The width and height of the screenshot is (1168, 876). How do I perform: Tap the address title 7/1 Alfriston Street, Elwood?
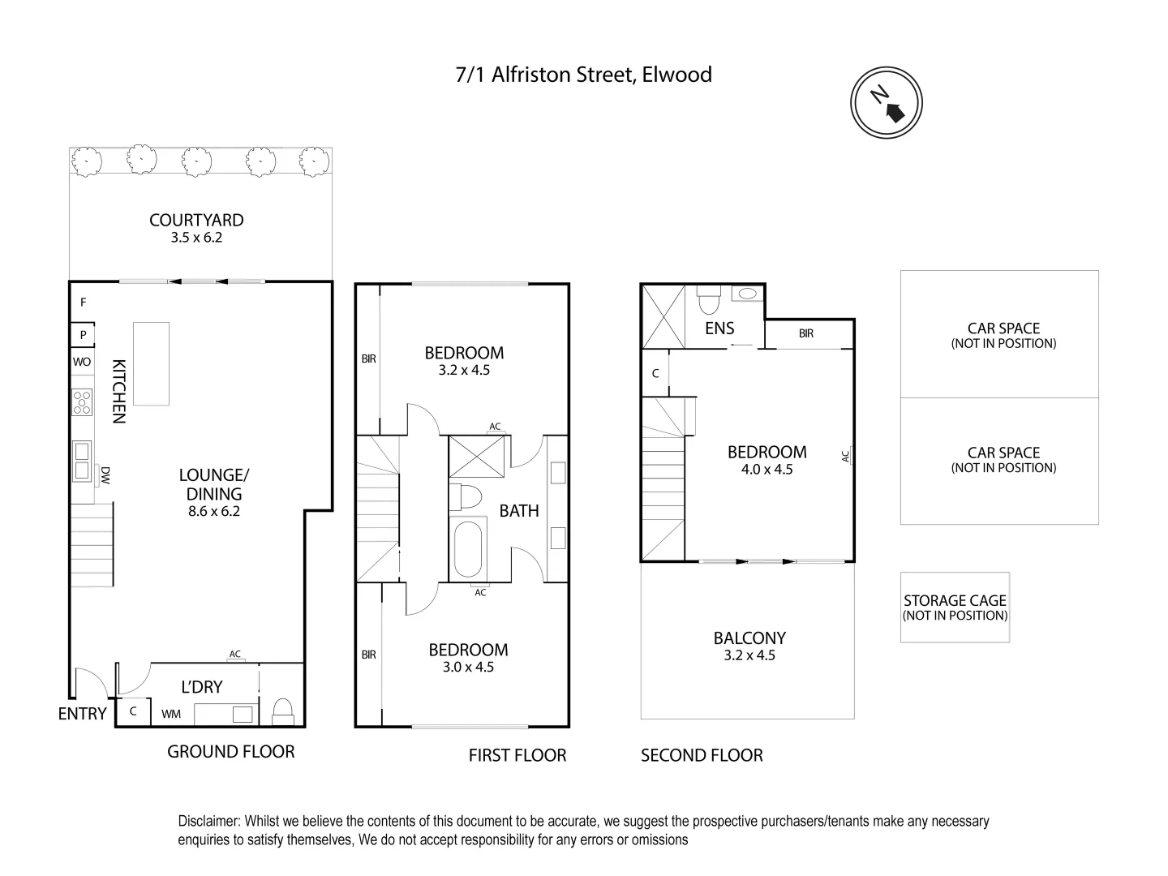[x=583, y=75]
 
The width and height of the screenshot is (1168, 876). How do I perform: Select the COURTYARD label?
[x=196, y=220]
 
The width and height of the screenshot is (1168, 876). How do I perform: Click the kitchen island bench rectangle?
[x=151, y=363]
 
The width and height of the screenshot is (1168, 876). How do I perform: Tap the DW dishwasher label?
[x=105, y=474]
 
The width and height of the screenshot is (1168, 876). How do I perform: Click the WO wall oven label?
[x=82, y=362]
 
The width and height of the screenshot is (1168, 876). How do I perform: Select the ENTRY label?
[x=82, y=714]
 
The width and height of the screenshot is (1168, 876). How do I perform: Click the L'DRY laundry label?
[x=201, y=687]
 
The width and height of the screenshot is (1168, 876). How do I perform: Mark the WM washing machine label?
[x=171, y=714]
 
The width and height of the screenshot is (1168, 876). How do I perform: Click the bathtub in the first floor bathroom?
[x=468, y=549]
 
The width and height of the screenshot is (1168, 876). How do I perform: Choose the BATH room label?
[x=519, y=510]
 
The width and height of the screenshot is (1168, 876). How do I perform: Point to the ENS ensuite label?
[x=719, y=328]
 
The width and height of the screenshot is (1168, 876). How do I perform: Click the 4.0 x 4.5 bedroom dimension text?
[x=766, y=470]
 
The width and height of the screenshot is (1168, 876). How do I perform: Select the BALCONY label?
[x=749, y=638]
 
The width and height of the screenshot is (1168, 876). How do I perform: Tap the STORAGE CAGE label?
[x=955, y=600]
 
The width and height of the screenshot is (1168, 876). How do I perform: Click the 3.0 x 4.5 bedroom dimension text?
[x=468, y=667]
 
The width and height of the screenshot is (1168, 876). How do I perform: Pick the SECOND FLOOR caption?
[x=702, y=755]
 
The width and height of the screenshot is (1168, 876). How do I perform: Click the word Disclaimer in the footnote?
[x=208, y=822]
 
